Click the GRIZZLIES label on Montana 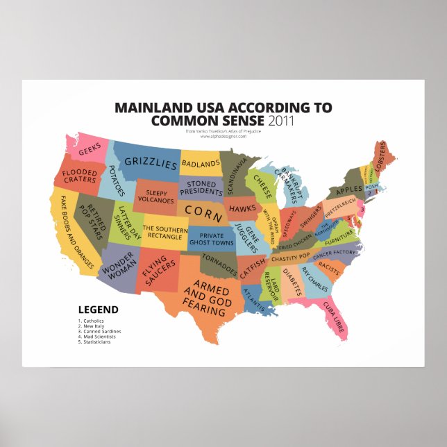[x=151, y=164]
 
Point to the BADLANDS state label [x=201, y=164]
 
